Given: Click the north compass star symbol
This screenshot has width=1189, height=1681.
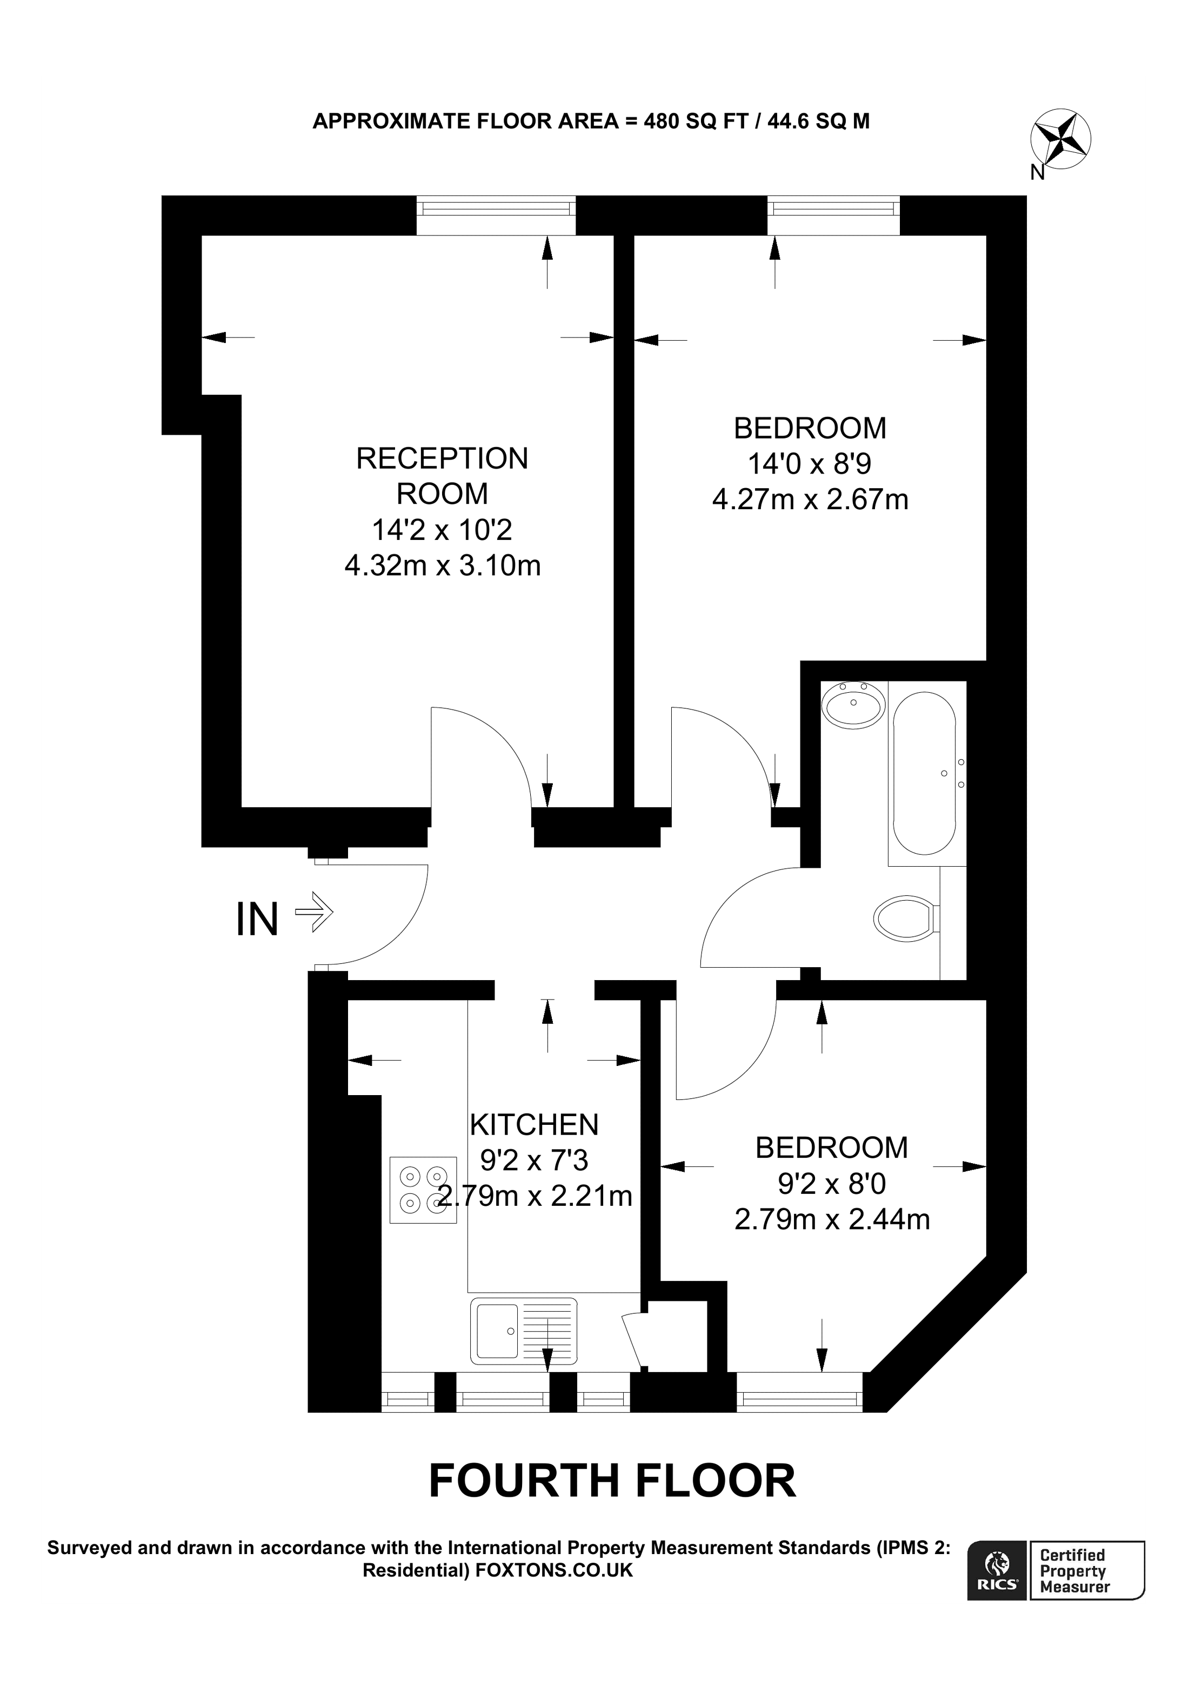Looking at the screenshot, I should point(1060,139).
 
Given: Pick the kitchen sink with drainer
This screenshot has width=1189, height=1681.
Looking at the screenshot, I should point(523,1331).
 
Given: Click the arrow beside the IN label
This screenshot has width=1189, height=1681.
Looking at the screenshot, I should point(315,912).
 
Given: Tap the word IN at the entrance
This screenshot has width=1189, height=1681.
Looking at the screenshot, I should point(257,920).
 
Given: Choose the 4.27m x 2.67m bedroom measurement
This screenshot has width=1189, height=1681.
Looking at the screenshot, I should point(810,499).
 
